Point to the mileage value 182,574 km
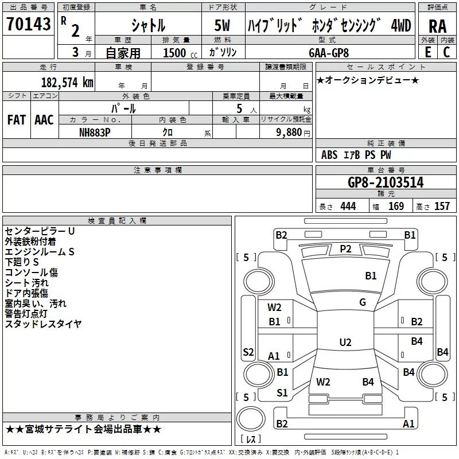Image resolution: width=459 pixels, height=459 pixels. [x=67, y=83]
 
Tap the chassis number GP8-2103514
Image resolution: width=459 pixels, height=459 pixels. [x=386, y=182]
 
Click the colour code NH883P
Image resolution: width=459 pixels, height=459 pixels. [x=95, y=131]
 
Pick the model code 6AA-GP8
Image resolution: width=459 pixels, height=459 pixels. [x=328, y=52]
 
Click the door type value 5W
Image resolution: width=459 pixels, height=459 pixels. [x=223, y=25]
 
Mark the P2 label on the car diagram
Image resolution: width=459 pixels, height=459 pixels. [x=345, y=248]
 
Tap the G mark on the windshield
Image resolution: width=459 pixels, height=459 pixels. [x=363, y=302]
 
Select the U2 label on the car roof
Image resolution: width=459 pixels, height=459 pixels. [x=345, y=343]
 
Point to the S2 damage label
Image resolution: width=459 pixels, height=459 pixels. [x=248, y=352]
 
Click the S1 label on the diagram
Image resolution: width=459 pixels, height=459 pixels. [x=282, y=393]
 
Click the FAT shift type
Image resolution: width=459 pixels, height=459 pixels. [x=16, y=119]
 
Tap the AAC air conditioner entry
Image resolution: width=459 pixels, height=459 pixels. [x=44, y=119]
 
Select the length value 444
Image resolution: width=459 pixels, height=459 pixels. [x=348, y=207]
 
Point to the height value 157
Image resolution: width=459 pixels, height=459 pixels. [x=442, y=207]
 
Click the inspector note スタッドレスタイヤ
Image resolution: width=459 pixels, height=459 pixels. [x=43, y=324]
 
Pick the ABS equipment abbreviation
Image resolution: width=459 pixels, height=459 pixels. [x=329, y=155]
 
